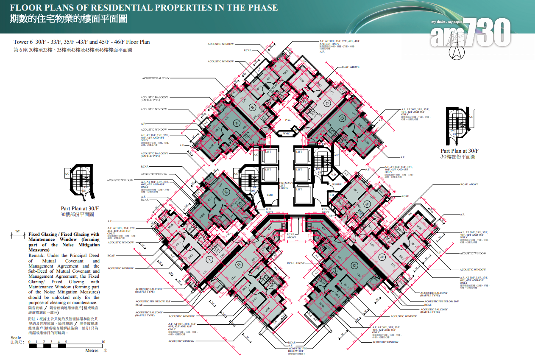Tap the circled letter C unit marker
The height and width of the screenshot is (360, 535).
tap(327, 103)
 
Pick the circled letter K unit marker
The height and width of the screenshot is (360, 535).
tap(226, 192)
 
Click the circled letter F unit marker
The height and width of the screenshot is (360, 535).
tap(382, 257)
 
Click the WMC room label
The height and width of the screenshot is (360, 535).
tap(286, 134)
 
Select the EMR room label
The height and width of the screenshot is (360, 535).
tap(270, 195)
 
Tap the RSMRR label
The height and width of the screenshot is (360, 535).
tap(337, 184)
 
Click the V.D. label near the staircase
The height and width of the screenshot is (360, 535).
tap(333, 174)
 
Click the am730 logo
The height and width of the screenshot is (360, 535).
tap(471, 33)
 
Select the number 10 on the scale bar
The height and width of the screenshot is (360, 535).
tap(104, 341)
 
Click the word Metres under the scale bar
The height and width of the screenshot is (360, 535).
tap(92, 351)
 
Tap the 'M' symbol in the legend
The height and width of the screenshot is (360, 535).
tap(18, 231)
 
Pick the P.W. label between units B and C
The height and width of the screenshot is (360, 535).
tap(287, 120)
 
